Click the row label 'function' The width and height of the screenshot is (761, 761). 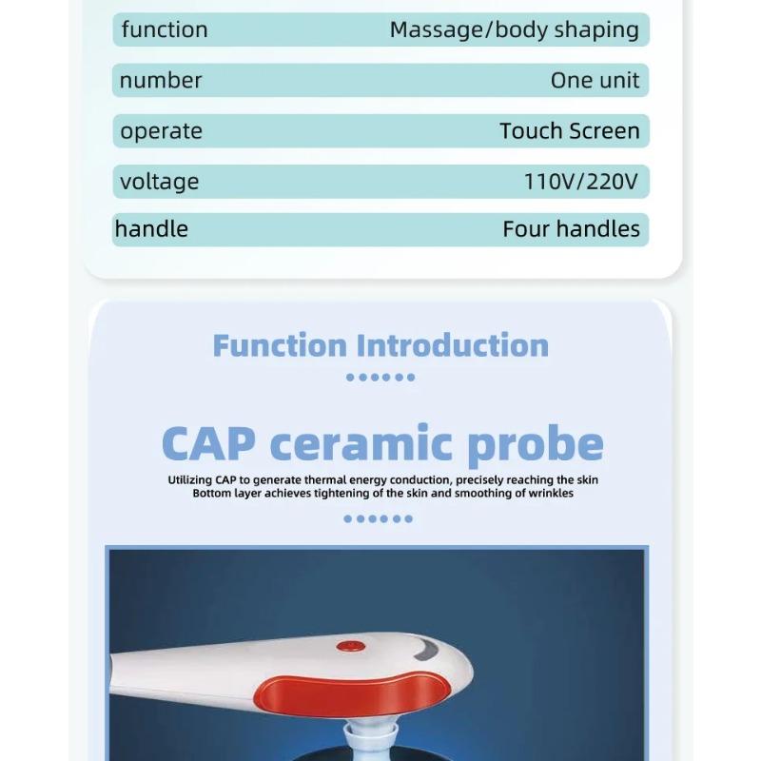(164, 29)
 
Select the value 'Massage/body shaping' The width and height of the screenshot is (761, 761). (514, 29)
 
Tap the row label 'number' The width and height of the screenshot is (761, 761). (161, 80)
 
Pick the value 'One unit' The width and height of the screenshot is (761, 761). (595, 80)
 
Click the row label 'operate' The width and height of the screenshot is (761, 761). (161, 131)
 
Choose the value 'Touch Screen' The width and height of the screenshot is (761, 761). (569, 131)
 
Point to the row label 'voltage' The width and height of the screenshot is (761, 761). (159, 181)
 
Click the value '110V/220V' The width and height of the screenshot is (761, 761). (580, 181)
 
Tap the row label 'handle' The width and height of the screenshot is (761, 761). (151, 229)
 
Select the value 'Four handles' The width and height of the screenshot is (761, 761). (571, 229)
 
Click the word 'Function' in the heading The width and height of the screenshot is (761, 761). (279, 344)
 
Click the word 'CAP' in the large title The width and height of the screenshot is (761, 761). (208, 443)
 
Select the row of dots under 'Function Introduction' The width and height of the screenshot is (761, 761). (380, 377)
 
